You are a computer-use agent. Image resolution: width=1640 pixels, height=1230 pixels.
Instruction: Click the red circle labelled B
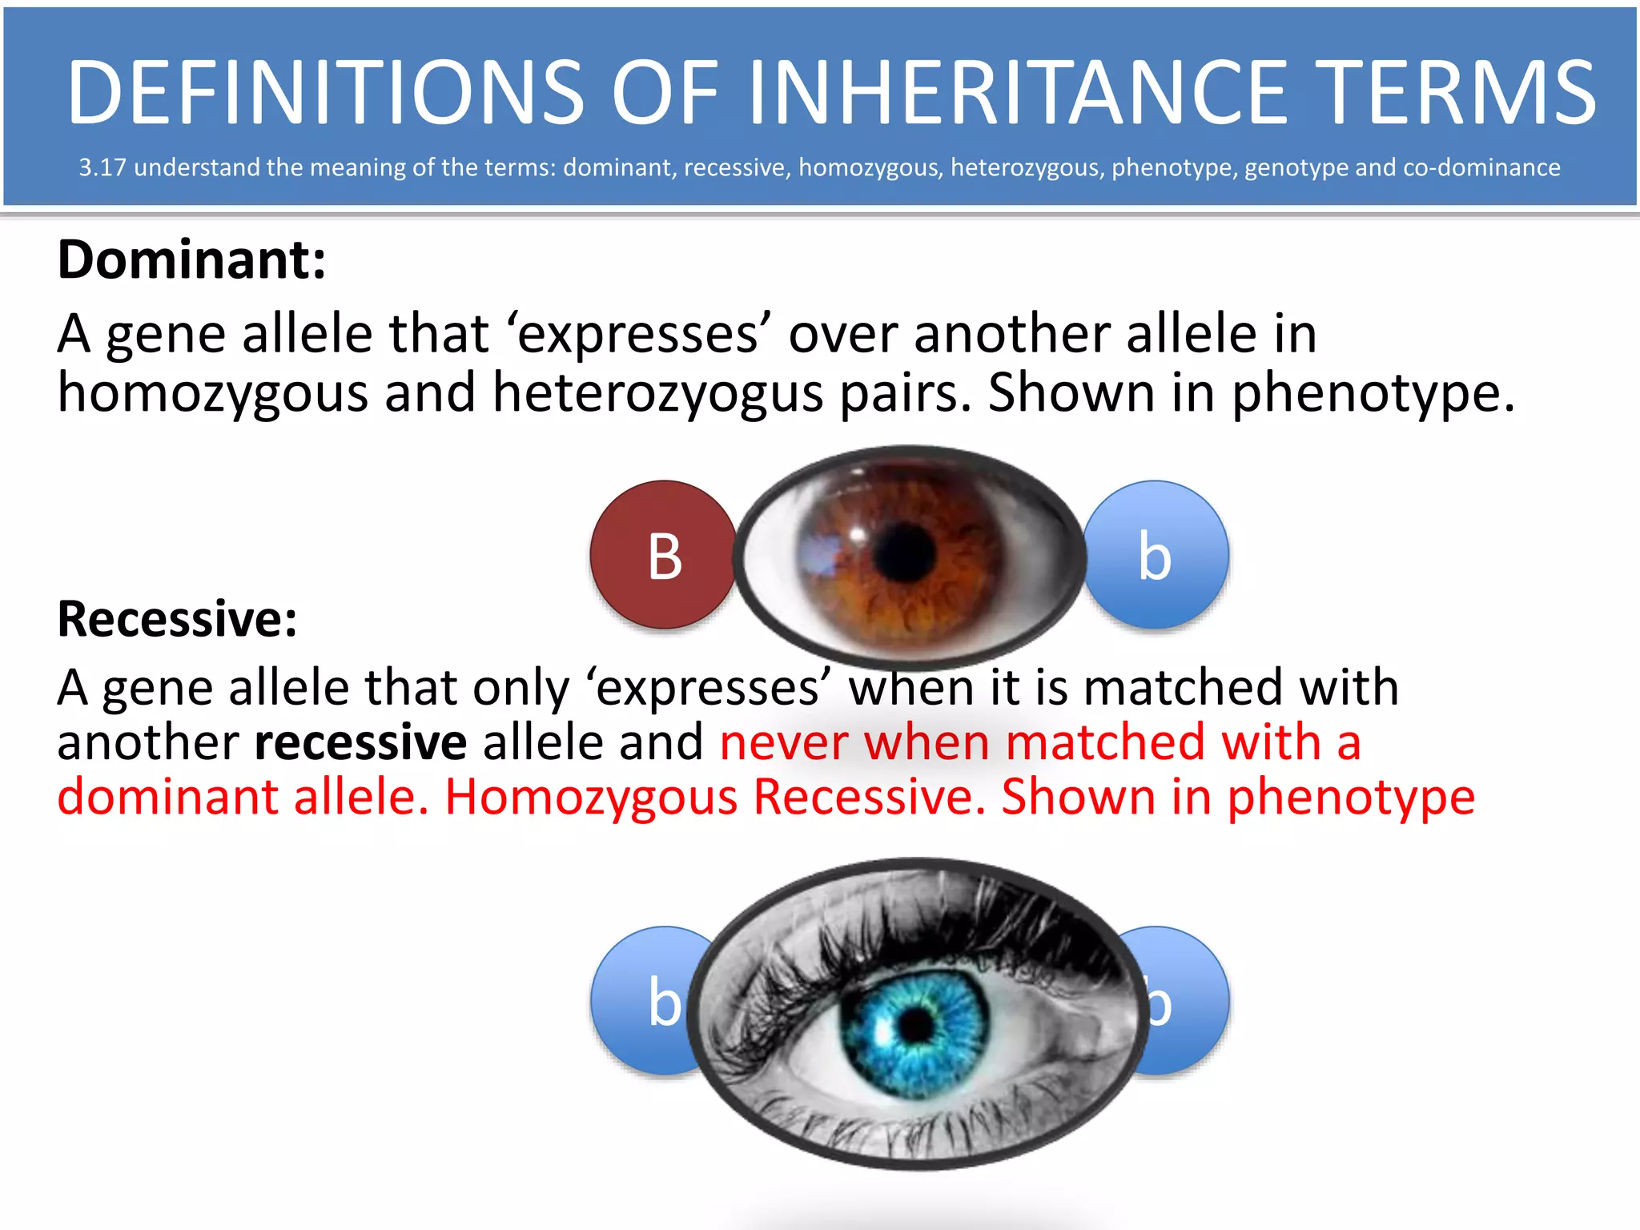click(663, 555)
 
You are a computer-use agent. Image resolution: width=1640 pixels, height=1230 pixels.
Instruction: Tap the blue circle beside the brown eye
click(1156, 555)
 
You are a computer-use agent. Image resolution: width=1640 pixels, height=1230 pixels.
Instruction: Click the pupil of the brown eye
click(905, 551)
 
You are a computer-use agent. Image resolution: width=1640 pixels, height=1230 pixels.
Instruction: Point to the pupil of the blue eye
click(916, 1023)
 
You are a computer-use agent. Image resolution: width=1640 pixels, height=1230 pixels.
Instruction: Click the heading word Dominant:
click(192, 260)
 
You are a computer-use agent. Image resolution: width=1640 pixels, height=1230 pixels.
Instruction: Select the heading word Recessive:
click(178, 619)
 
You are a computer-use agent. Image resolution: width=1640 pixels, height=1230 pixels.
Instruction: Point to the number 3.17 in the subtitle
click(102, 167)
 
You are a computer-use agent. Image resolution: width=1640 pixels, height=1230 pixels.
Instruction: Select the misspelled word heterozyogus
click(657, 392)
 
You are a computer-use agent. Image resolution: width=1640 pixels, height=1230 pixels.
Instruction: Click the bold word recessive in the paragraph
click(360, 742)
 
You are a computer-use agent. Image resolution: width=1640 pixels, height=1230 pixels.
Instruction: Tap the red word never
click(784, 742)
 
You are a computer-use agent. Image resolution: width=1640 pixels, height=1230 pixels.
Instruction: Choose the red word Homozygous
click(591, 798)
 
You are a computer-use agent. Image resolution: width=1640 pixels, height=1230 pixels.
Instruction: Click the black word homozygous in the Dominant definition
click(213, 392)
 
